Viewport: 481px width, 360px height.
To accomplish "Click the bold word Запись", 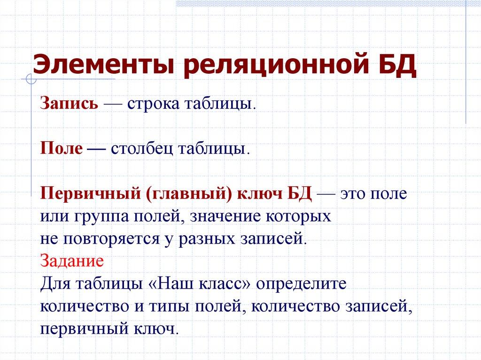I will click(x=69, y=104).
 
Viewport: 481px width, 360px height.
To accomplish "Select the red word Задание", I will click(x=72, y=260).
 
